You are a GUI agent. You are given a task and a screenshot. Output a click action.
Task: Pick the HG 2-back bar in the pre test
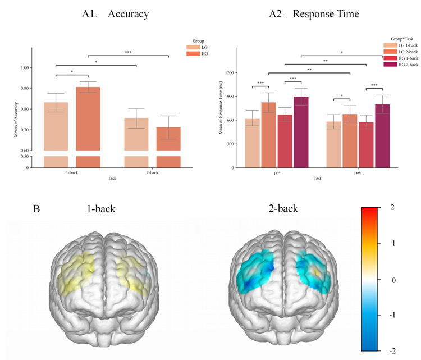click(x=300, y=132)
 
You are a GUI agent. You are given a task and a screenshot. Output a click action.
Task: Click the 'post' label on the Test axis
click(x=358, y=174)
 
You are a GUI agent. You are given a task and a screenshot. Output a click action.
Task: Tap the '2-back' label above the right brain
click(x=283, y=209)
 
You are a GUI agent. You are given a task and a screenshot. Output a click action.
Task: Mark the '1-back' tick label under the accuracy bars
click(x=72, y=174)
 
